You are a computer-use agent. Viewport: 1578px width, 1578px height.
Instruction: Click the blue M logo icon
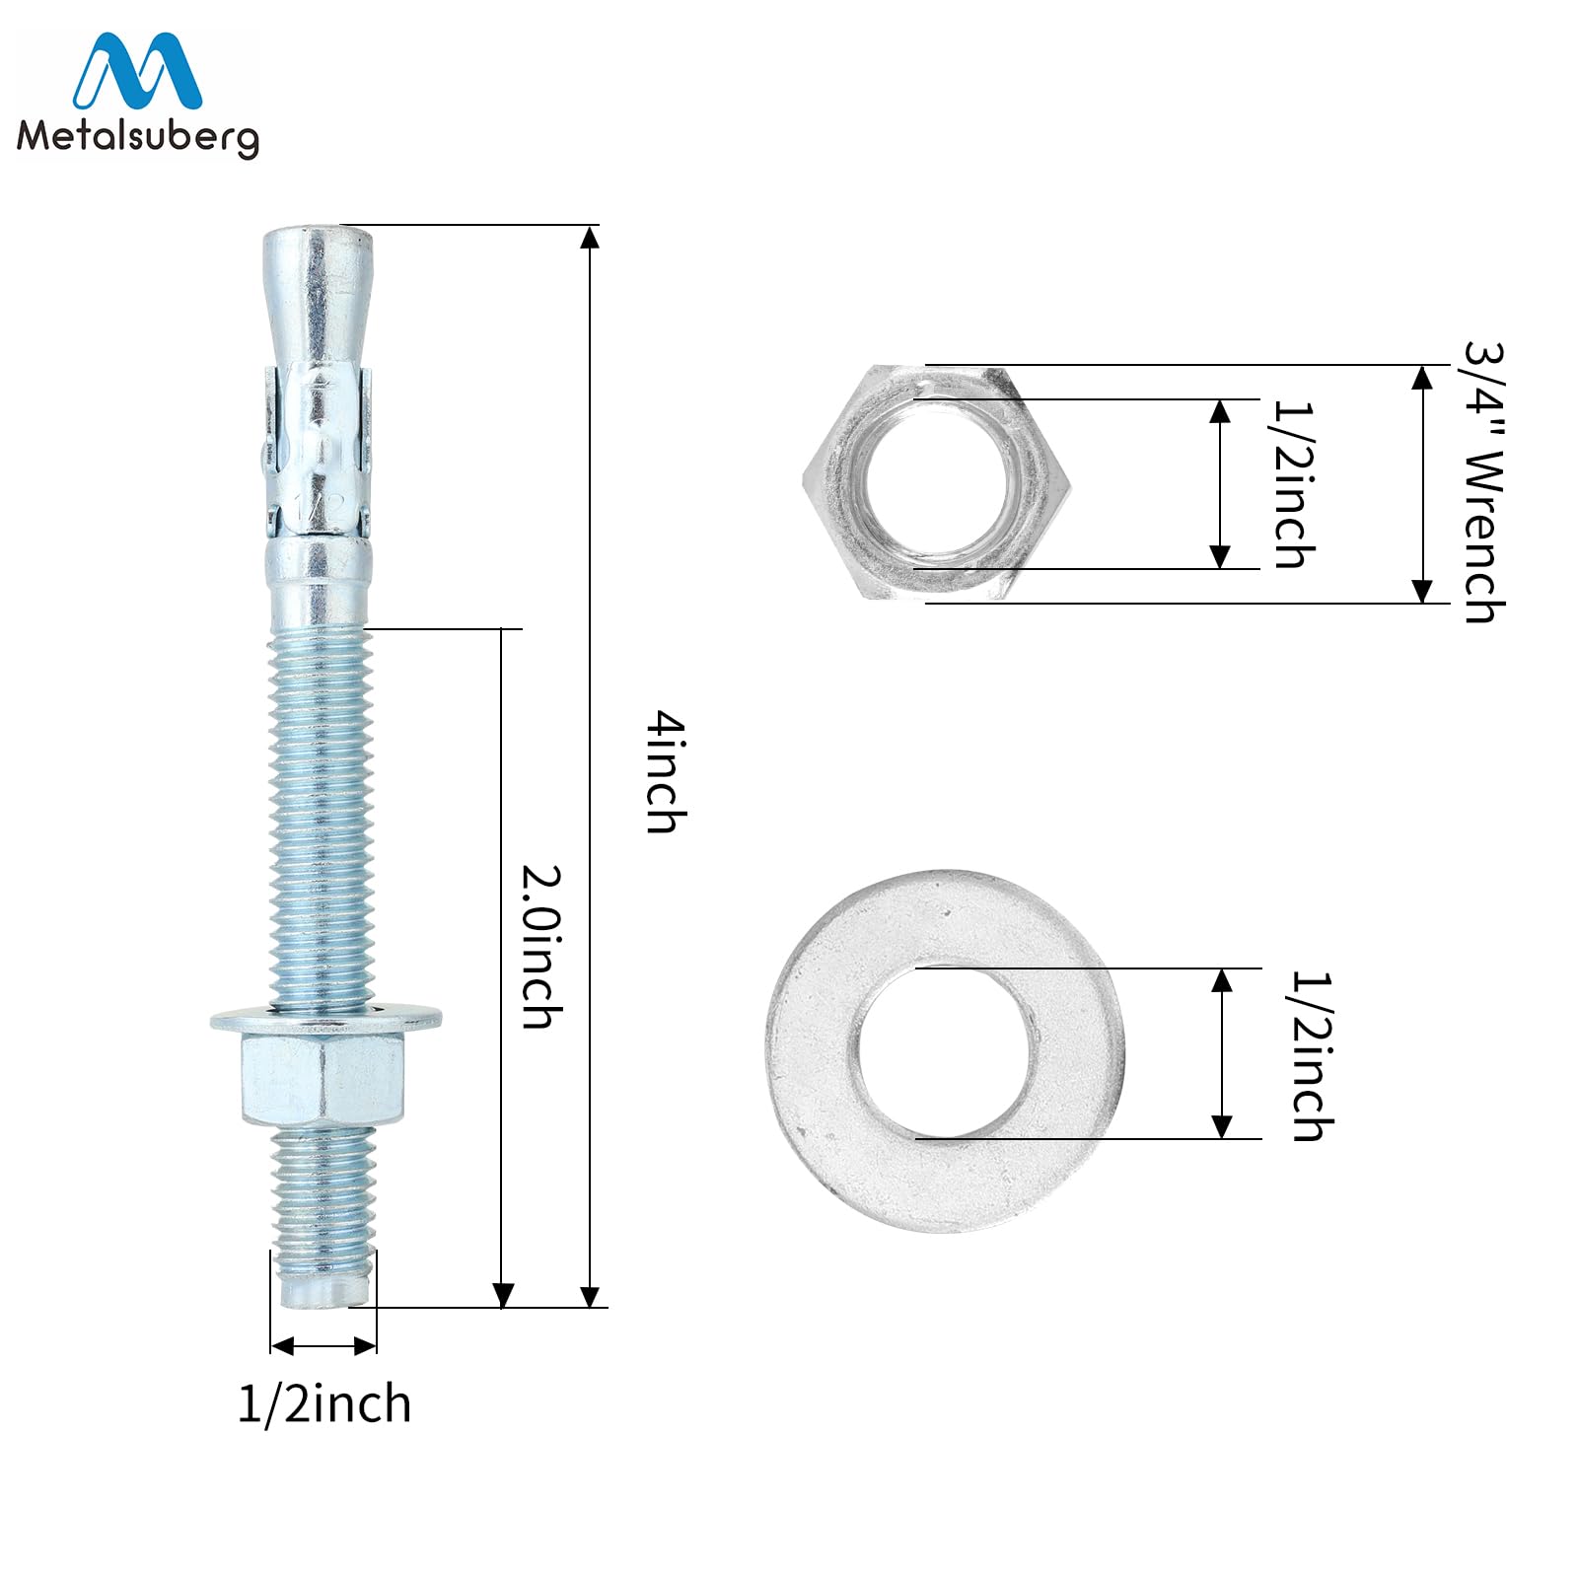138,71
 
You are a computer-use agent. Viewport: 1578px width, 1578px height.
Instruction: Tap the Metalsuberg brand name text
138,136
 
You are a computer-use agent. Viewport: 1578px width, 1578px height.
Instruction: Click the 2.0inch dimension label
542,948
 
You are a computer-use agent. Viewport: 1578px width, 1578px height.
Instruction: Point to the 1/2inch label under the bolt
324,1403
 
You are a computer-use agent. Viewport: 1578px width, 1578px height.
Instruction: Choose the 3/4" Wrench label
1484,482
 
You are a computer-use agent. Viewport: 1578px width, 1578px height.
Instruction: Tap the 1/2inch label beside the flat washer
1313,1056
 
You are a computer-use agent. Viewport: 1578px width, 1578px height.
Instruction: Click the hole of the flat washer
944,1052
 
